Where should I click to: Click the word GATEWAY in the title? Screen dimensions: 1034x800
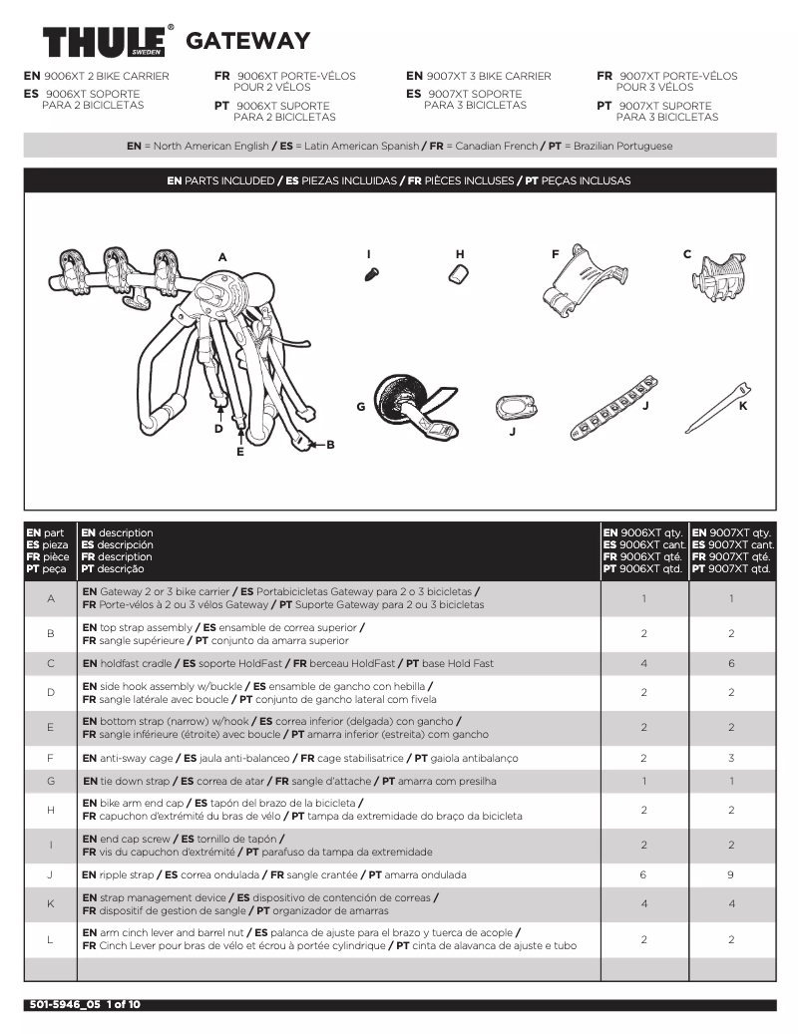tap(247, 41)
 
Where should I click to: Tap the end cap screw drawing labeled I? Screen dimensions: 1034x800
tap(371, 273)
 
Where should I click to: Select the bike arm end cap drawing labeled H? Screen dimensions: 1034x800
tap(457, 275)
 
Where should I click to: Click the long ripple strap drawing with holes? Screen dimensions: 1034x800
tap(613, 406)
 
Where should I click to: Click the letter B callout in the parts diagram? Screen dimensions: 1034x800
tap(330, 445)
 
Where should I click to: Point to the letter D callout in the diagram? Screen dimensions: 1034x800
tap(218, 429)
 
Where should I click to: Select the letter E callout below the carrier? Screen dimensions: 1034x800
tap(239, 452)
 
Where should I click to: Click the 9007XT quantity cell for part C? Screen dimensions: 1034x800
tap(731, 663)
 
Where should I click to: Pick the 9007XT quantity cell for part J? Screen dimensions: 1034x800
tap(731, 874)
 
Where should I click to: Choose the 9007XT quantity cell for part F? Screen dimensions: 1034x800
tap(731, 758)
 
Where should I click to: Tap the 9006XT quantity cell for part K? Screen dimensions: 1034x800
tap(643, 903)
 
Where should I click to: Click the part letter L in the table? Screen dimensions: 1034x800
tap(51, 939)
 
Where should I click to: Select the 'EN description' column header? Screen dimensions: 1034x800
tap(118, 533)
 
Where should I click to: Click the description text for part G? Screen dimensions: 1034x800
tap(289, 781)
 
